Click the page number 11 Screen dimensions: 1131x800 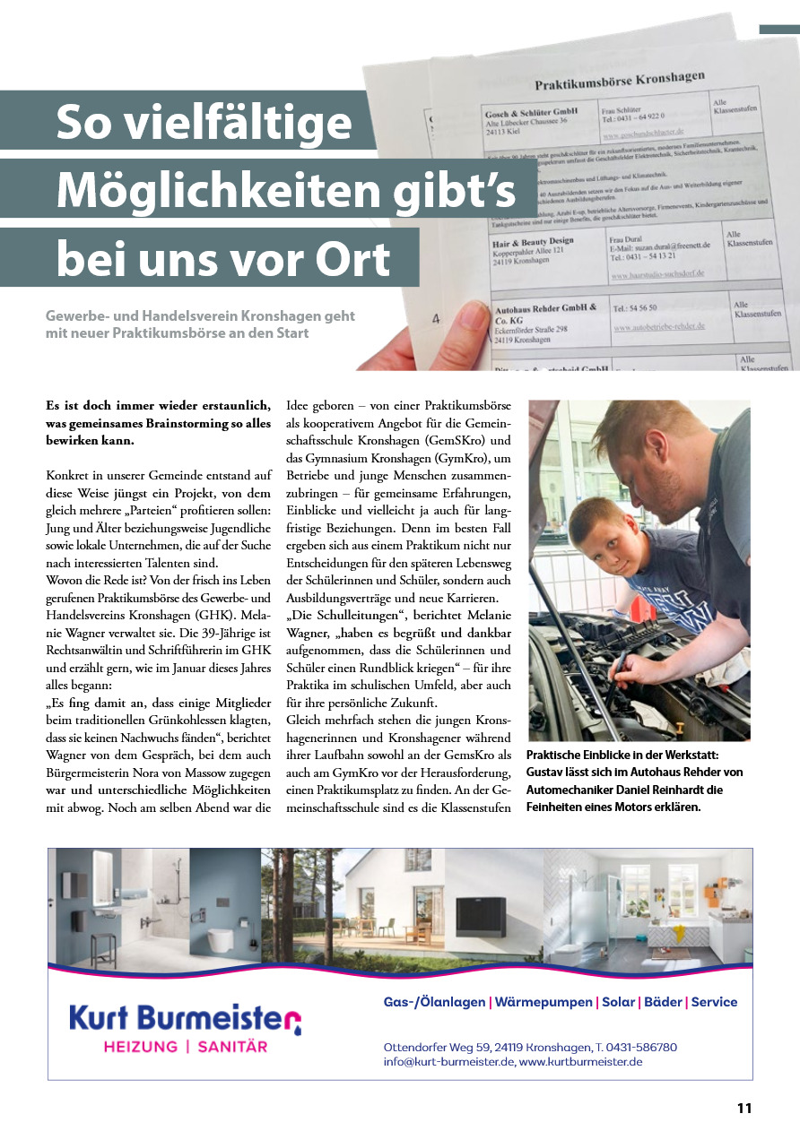point(743,1108)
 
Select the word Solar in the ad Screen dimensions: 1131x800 point(618,1002)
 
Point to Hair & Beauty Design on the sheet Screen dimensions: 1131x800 point(533,242)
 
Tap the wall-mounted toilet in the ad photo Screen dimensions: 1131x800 point(219,940)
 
